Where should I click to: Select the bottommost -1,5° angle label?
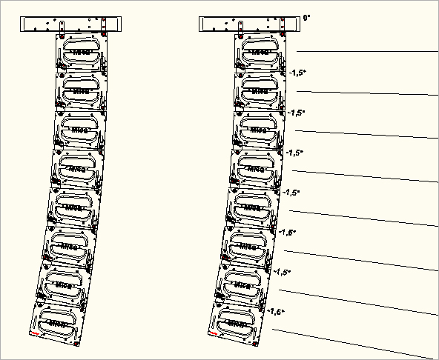276,312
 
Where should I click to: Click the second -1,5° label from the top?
297,113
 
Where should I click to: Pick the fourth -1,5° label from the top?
291,192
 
